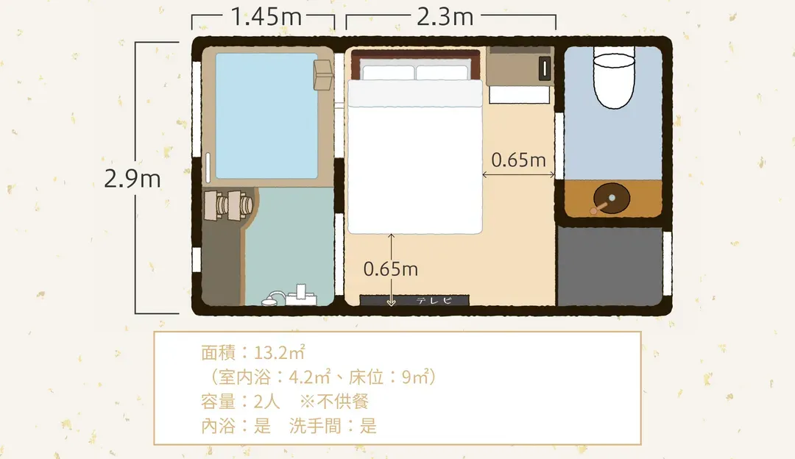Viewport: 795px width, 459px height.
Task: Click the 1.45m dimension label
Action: pyautogui.click(x=266, y=17)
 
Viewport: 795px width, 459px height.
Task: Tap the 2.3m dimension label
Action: pyautogui.click(x=445, y=17)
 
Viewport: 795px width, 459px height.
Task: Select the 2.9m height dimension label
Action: pyautogui.click(x=132, y=179)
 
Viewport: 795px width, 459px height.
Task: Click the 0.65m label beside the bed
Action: pyautogui.click(x=518, y=160)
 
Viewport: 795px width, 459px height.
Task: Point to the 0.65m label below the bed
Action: pyautogui.click(x=390, y=269)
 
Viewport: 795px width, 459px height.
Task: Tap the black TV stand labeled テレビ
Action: pyautogui.click(x=414, y=300)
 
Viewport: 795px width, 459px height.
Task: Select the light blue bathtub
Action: pyautogui.click(x=266, y=116)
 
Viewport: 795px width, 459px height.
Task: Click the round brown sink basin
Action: pyautogui.click(x=612, y=198)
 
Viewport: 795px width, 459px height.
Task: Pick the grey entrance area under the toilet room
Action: pyautogui.click(x=610, y=266)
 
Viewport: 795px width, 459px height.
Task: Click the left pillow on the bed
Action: pyautogui.click(x=389, y=72)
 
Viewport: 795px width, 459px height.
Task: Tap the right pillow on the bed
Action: pyautogui.click(x=442, y=72)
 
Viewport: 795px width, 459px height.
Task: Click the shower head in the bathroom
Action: pyautogui.click(x=273, y=299)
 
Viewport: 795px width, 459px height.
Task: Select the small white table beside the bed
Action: pyautogui.click(x=519, y=95)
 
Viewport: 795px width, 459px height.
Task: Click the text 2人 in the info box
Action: pyautogui.click(x=266, y=402)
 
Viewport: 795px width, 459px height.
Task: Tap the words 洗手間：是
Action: pyautogui.click(x=333, y=426)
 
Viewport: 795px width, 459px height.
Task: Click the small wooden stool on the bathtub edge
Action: pyautogui.click(x=323, y=75)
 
